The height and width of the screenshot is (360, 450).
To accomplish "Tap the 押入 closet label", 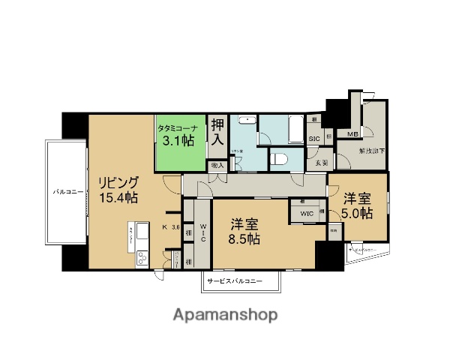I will [217, 132].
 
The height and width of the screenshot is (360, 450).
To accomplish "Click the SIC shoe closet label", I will [315, 139].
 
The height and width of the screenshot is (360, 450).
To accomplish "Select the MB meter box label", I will [351, 134].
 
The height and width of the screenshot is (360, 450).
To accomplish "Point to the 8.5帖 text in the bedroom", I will [244, 239].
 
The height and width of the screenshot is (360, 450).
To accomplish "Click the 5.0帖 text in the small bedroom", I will [358, 213].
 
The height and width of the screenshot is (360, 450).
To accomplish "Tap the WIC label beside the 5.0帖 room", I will [306, 213].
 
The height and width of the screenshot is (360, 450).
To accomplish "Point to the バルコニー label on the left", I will [67, 192].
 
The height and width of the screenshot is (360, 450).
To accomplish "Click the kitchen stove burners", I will [140, 259].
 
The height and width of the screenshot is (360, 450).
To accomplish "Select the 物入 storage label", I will [217, 165].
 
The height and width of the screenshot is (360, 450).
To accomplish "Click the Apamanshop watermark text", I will [226, 314].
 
